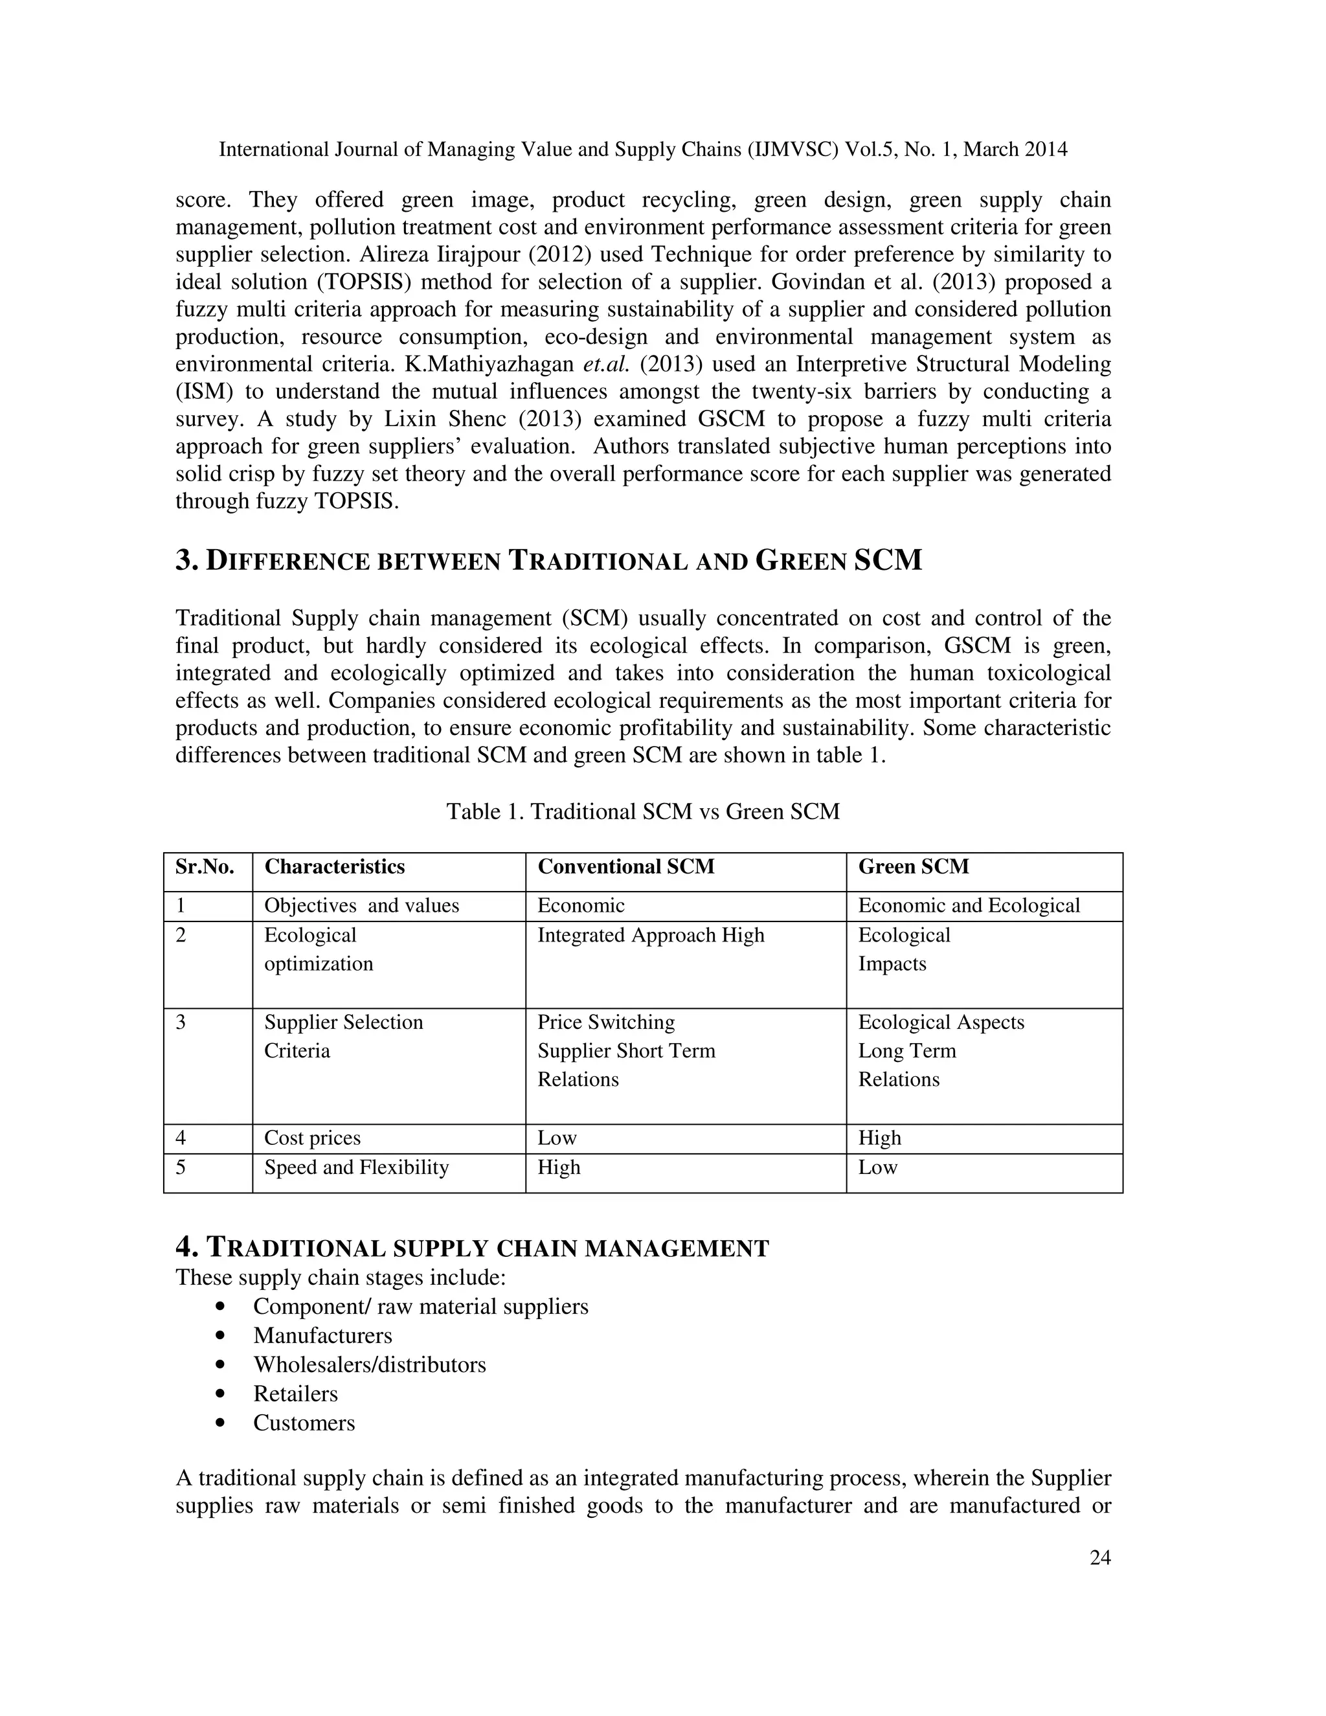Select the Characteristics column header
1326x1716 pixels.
tap(335, 866)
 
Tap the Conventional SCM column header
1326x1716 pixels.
tap(626, 866)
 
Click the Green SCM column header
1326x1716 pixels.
tap(914, 866)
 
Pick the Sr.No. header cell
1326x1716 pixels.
tap(205, 866)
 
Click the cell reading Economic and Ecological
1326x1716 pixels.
tap(969, 906)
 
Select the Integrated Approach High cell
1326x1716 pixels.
tap(651, 935)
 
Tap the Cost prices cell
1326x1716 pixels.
tap(313, 1138)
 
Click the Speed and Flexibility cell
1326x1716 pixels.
tap(357, 1168)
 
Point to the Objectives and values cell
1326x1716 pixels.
tap(361, 906)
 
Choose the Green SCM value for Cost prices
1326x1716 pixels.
tap(880, 1138)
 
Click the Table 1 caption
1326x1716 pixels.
tap(642, 811)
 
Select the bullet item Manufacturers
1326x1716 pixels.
tap(322, 1336)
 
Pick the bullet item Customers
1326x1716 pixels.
tap(304, 1423)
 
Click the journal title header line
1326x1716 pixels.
tap(642, 150)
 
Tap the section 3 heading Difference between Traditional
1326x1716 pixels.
tap(548, 561)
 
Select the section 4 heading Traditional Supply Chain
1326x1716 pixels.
tap(472, 1248)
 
